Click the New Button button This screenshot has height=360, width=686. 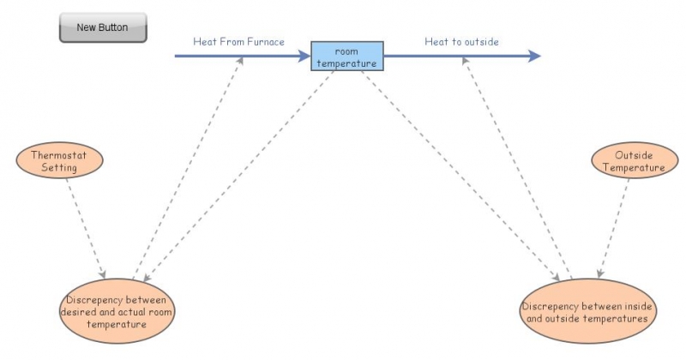coord(103,27)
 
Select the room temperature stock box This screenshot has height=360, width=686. coord(346,56)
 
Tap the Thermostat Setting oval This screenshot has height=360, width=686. coord(60,162)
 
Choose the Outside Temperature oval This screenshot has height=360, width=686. coord(635,162)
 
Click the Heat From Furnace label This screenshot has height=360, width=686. coord(239,41)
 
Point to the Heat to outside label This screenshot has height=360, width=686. coord(462,41)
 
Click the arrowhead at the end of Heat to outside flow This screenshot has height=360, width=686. coord(535,57)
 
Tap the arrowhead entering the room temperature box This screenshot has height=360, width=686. coord(304,57)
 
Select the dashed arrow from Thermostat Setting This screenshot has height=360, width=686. coord(86,228)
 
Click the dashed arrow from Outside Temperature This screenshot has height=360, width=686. coord(612,227)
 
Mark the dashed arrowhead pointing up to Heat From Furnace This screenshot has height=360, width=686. coord(243,62)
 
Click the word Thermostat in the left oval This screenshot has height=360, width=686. coord(60,156)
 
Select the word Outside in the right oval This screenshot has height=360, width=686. coord(635,156)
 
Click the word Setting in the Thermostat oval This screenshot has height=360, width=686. coord(60,168)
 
